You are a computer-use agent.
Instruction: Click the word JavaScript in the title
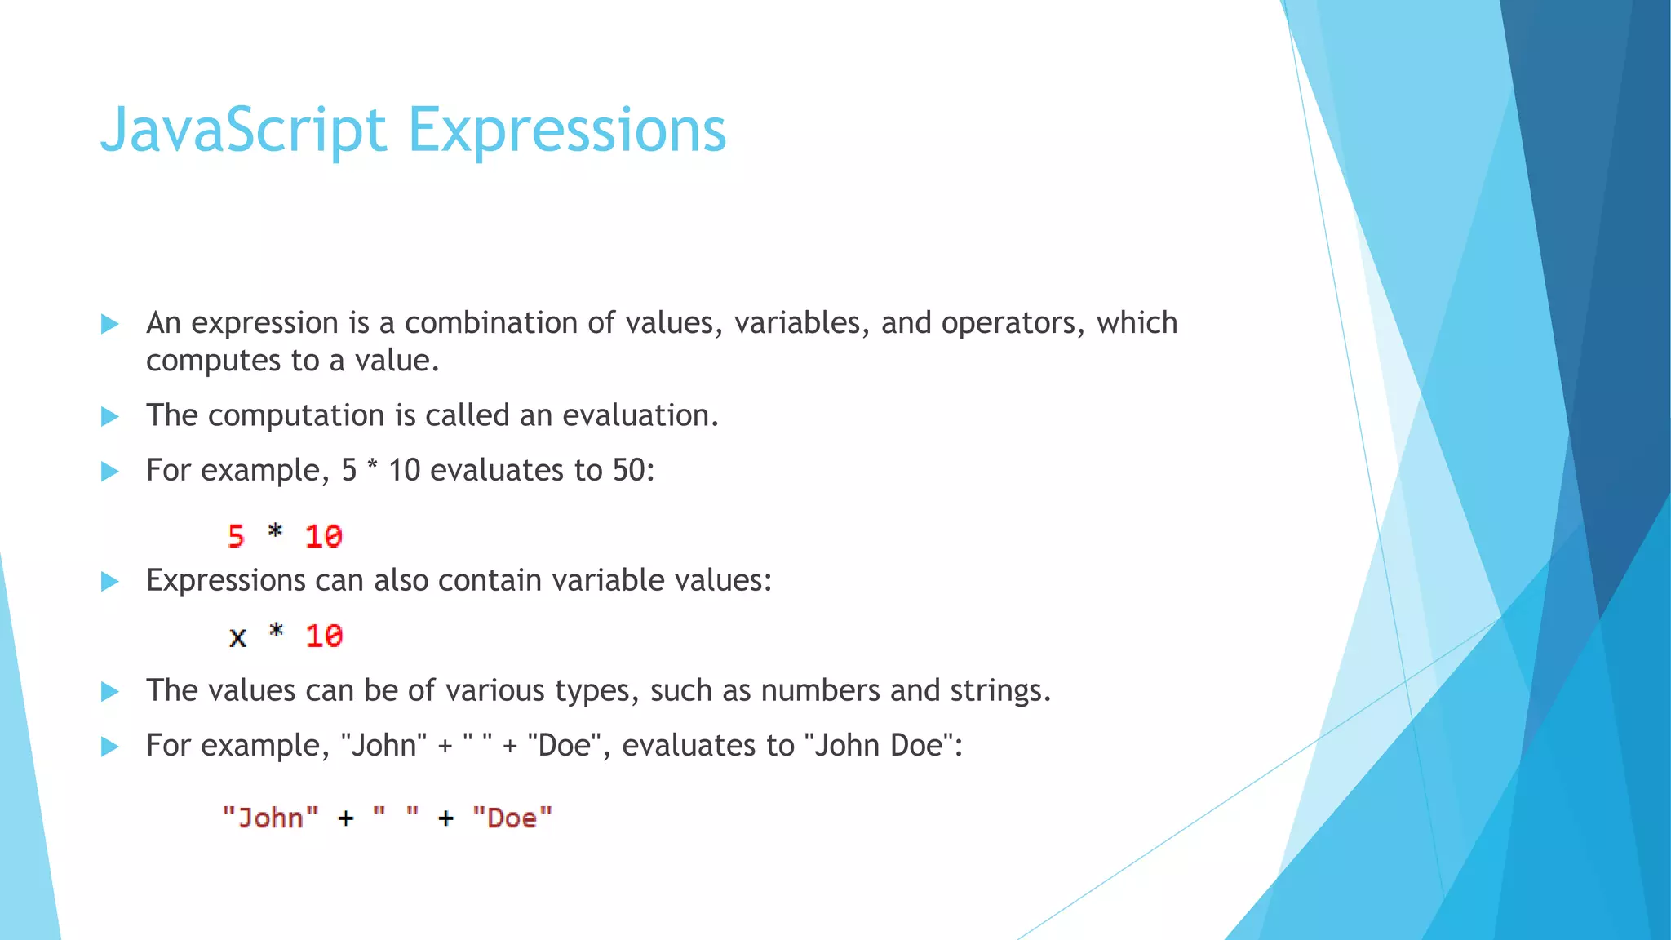tap(242, 131)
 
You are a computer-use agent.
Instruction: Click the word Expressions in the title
tap(566, 131)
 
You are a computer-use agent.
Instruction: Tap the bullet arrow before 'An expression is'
tap(109, 324)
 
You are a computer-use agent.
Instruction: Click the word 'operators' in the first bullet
tap(1013, 323)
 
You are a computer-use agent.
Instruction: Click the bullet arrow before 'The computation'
tap(109, 417)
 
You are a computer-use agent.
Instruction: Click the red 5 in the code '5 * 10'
tap(236, 536)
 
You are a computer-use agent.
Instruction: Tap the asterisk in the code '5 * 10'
tap(275, 533)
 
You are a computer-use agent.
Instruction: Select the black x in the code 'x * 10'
tap(237, 636)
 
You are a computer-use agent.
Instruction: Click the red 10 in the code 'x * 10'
tap(324, 636)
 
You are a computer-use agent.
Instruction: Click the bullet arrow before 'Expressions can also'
tap(109, 582)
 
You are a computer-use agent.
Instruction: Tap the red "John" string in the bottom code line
tap(270, 818)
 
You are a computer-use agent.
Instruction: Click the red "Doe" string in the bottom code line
tap(512, 818)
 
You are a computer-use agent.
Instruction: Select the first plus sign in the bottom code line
tap(346, 818)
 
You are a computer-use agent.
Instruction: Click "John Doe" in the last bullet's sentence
tap(880, 746)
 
